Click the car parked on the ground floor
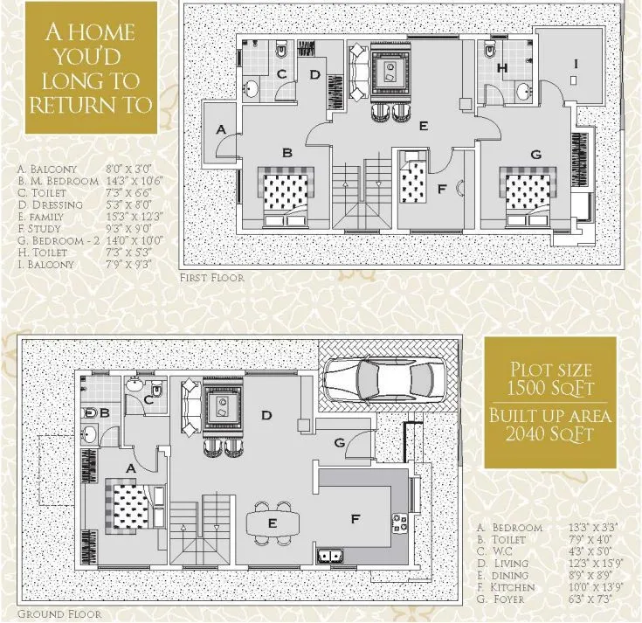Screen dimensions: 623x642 379,379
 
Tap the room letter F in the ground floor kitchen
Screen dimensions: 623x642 356,519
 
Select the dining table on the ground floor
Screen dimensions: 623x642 273,523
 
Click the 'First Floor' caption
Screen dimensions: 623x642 211,278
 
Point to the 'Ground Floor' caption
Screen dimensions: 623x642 59,613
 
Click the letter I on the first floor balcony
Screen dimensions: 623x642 575,63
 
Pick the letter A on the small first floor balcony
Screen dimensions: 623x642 222,129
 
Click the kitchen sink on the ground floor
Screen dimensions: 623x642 331,554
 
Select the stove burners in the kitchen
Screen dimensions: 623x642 401,526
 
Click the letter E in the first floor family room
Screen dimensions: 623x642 423,126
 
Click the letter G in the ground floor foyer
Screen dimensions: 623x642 339,442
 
